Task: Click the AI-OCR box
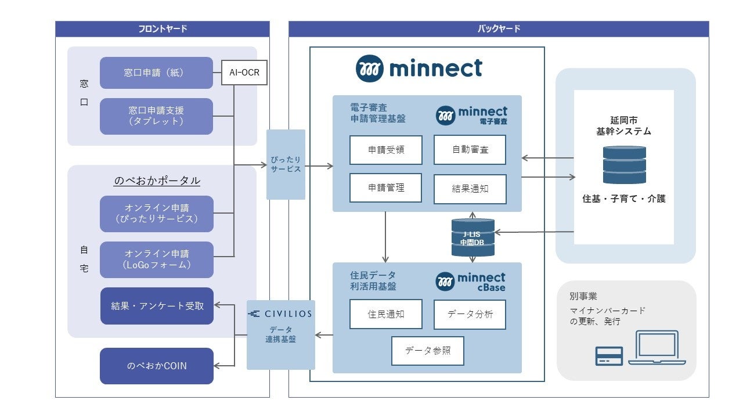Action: (x=244, y=73)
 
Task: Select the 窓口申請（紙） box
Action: (x=156, y=73)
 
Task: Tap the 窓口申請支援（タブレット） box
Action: (x=156, y=116)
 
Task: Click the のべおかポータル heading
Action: (x=157, y=181)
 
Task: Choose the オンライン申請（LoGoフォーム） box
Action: (x=156, y=260)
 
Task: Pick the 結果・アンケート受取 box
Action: (x=157, y=305)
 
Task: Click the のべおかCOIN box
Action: (x=157, y=366)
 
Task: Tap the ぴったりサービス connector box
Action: (x=286, y=164)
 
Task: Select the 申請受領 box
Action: (x=385, y=150)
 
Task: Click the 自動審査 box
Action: (x=470, y=150)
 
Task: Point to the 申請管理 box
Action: (x=385, y=188)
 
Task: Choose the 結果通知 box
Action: (x=470, y=188)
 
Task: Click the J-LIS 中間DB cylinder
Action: (x=473, y=237)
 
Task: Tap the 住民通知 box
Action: (x=385, y=314)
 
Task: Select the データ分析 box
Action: (x=470, y=314)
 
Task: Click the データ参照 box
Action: (x=427, y=351)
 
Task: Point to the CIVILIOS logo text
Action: (x=280, y=313)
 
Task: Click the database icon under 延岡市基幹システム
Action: (x=624, y=165)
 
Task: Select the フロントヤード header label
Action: (x=163, y=29)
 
